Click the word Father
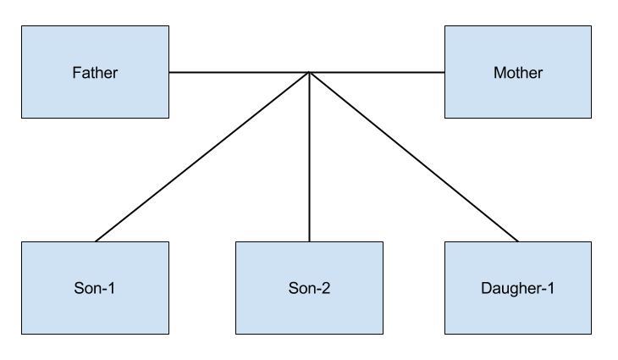[x=95, y=73]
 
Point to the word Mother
[x=517, y=73]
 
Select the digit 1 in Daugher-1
[x=550, y=288]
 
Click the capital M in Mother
[x=499, y=73]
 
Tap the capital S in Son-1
[x=79, y=288]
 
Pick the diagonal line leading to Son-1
[x=207, y=152]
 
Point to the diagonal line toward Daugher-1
[x=415, y=152]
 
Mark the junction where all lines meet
[x=309, y=73]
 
